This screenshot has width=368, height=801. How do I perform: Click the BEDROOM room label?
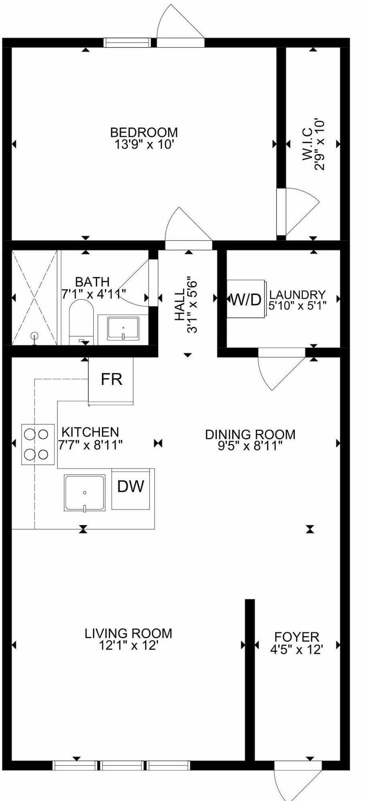[x=144, y=132]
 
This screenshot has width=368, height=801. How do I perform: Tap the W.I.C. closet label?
[x=308, y=144]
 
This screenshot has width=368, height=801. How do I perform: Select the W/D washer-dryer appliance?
[x=245, y=299]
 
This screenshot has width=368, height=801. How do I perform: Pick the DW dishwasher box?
[x=131, y=489]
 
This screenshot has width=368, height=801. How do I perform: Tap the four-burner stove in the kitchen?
[x=38, y=444]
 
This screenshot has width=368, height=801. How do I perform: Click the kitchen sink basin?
[x=84, y=493]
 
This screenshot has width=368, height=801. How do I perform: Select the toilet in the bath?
[x=81, y=323]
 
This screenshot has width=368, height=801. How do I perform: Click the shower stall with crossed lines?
[x=34, y=297]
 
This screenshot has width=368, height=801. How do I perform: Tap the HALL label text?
[x=180, y=305]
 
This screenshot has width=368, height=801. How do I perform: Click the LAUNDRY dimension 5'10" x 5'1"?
[x=298, y=306]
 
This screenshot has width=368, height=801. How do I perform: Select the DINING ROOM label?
[x=250, y=434]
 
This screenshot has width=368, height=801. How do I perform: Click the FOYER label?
[x=297, y=637]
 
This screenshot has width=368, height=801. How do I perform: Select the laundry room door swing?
[x=282, y=368]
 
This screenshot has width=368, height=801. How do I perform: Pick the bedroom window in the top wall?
[x=127, y=42]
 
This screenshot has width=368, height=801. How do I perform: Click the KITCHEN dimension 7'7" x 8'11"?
[x=90, y=445]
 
